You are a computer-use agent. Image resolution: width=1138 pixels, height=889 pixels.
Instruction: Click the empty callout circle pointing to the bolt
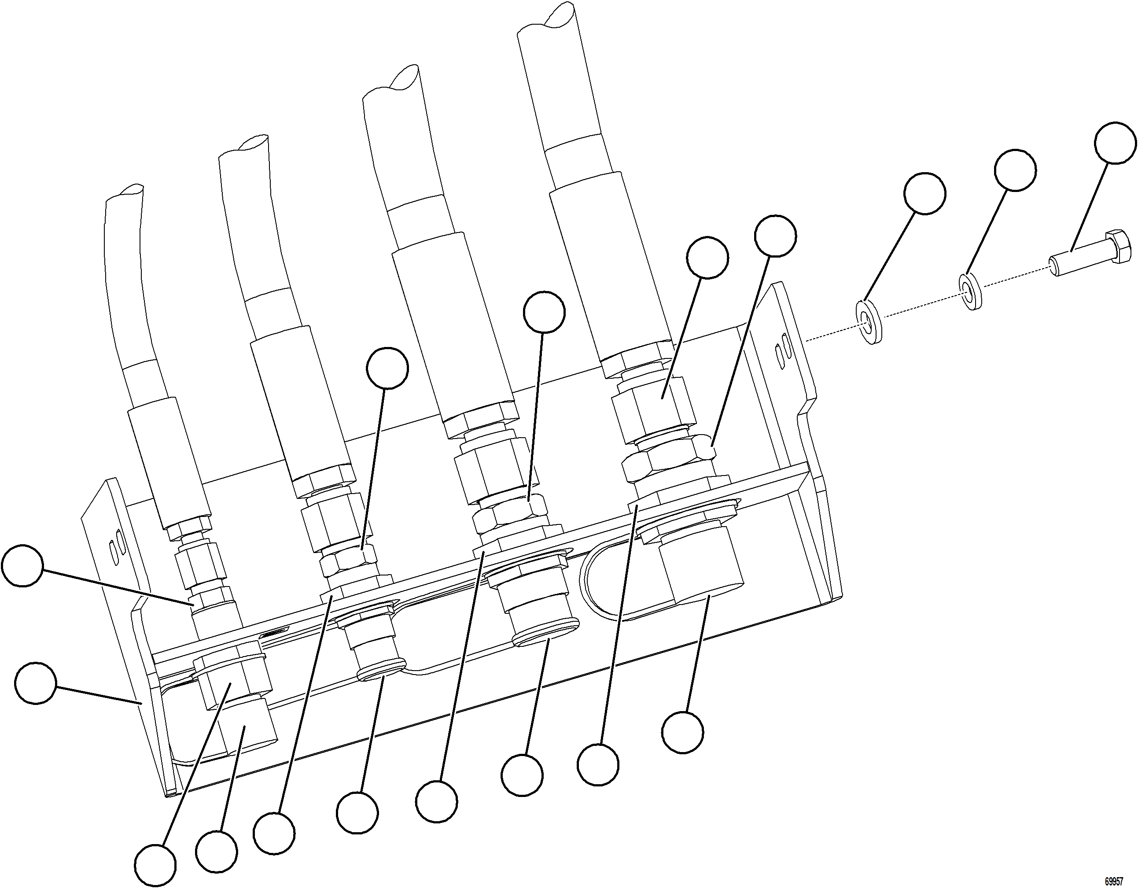tap(1115, 143)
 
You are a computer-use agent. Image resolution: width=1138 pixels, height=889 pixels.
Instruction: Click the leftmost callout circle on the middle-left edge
tap(22, 566)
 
